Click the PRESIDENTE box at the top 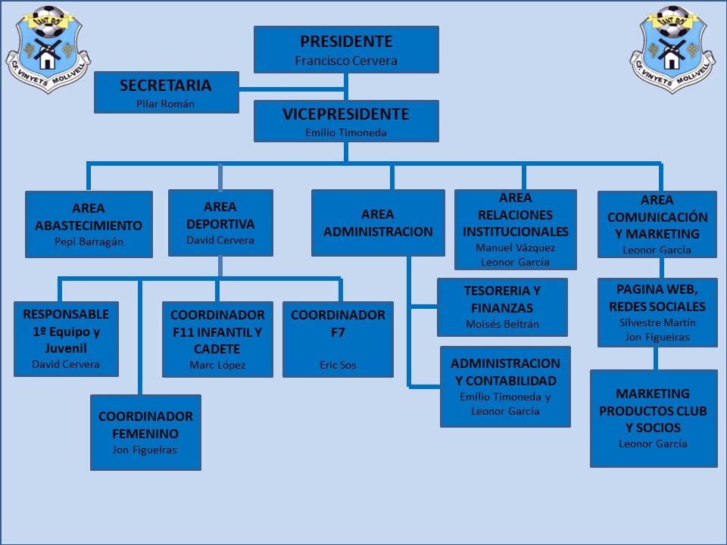(x=346, y=49)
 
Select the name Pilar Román (x=165, y=104)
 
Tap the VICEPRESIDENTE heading (x=346, y=115)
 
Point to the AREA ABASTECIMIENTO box (x=89, y=224)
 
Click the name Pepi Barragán (x=89, y=242)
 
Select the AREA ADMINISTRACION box (x=378, y=223)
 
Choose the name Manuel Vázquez (x=515, y=248)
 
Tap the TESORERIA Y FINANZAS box (x=502, y=307)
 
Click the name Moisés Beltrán (x=502, y=325)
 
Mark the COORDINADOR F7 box (x=338, y=339)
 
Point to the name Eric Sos (x=338, y=365)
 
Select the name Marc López (x=217, y=365)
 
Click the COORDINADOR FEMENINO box (x=145, y=432)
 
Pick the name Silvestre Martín (x=657, y=322)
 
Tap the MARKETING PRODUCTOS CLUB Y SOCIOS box (x=653, y=418)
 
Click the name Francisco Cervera (x=346, y=61)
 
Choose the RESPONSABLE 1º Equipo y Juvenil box (x=66, y=338)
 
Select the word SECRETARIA (x=165, y=86)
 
